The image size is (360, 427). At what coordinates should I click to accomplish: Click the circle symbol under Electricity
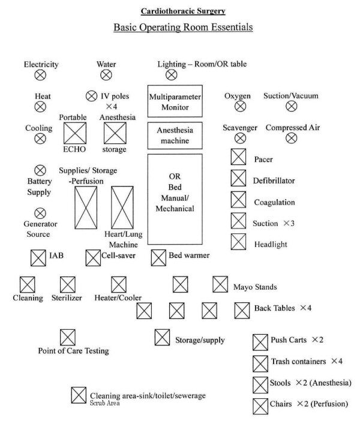tap(40, 75)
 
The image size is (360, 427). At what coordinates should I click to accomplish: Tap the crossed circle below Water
tap(106, 75)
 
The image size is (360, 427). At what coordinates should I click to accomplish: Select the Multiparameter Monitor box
tap(175, 101)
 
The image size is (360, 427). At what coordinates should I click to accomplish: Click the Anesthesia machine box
tap(175, 136)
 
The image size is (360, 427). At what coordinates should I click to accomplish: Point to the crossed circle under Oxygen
tap(240, 106)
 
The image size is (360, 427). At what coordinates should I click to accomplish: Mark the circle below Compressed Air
tap(292, 138)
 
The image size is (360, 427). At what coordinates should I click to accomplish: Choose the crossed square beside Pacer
tap(238, 157)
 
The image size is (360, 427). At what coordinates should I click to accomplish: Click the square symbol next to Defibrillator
tap(238, 178)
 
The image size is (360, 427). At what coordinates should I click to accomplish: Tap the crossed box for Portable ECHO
tap(75, 133)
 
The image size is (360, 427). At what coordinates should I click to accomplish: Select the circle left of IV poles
tap(91, 96)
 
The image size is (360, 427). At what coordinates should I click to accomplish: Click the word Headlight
tap(271, 244)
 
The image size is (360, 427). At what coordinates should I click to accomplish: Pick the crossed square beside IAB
tap(38, 258)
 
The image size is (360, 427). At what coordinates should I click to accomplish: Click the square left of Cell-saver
tap(93, 258)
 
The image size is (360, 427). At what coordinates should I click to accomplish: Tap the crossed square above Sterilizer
tap(68, 285)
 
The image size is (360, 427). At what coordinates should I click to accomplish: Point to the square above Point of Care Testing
tap(68, 337)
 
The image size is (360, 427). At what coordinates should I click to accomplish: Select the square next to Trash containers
tap(260, 364)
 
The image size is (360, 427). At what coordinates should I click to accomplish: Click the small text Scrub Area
tap(104, 403)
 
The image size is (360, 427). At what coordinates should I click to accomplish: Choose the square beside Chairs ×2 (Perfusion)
tap(260, 406)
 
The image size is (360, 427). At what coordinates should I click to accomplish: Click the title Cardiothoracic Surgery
tap(183, 11)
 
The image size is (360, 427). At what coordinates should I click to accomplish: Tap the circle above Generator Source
tap(40, 213)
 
